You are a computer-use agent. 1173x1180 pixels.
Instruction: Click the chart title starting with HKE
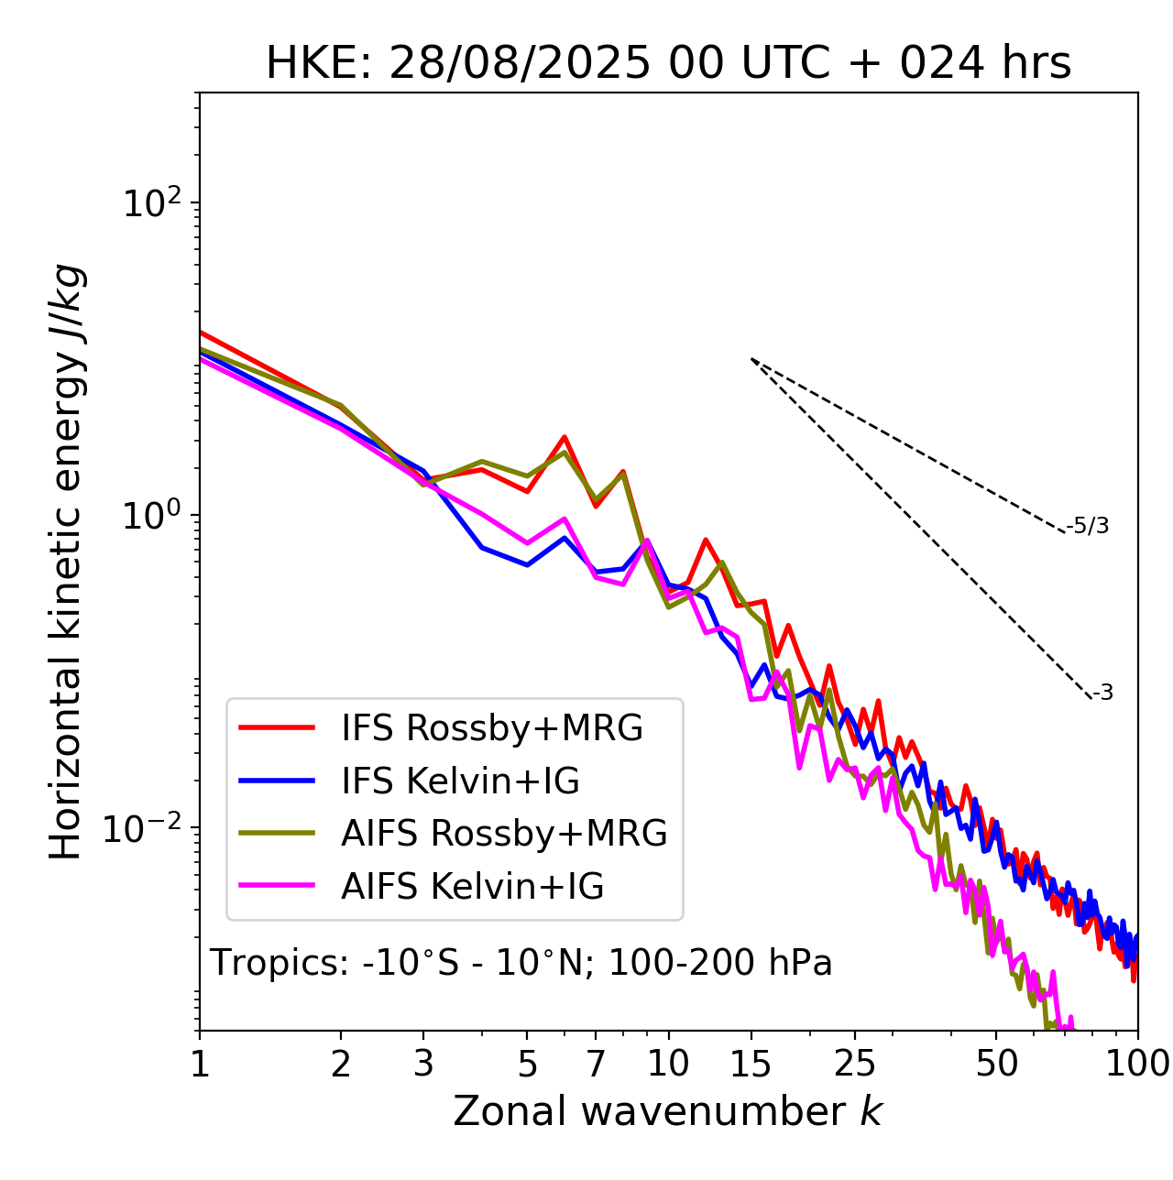[x=668, y=64]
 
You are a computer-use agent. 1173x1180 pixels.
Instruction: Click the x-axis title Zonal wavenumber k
[x=667, y=1111]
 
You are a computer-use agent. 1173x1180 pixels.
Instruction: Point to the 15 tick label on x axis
[x=751, y=1063]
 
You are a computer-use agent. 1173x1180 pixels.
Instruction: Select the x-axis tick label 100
[x=1137, y=1063]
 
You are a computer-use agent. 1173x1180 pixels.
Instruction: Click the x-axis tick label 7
[x=596, y=1063]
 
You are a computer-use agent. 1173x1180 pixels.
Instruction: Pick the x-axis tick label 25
[x=854, y=1063]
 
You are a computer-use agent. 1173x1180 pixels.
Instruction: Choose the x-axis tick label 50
[x=996, y=1063]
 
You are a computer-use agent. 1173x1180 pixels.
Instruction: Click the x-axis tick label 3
[x=423, y=1063]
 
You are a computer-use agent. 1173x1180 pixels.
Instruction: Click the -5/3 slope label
[x=1088, y=526]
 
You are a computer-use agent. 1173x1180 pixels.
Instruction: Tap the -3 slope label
[x=1102, y=694]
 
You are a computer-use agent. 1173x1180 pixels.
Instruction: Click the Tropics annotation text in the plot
[x=521, y=963]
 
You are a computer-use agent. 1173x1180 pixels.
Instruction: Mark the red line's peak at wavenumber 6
[x=565, y=437]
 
